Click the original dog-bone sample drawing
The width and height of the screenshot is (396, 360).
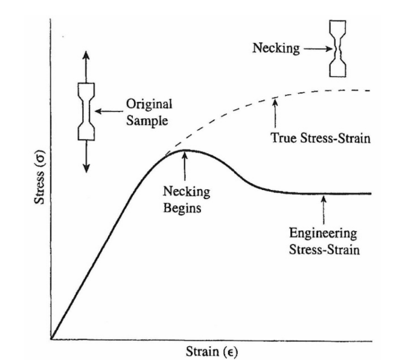click(86, 111)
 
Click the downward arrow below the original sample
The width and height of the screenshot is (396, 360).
click(86, 158)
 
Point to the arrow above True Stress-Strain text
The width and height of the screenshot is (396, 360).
click(275, 112)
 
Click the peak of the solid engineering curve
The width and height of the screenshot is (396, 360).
click(186, 150)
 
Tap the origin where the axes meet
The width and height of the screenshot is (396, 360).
click(52, 339)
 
